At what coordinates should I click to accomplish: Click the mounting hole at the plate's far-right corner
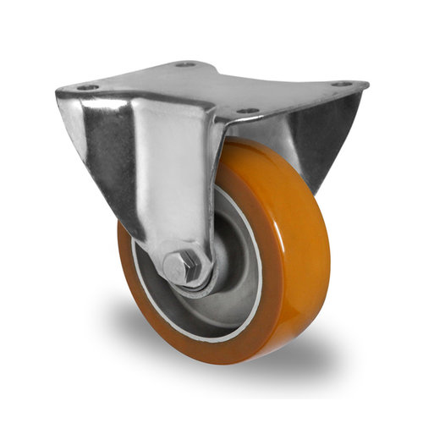click(x=341, y=84)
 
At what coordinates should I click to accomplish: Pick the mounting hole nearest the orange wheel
click(x=246, y=111)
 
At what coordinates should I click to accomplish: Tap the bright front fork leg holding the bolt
click(x=173, y=186)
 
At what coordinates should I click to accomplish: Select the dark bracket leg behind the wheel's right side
click(x=326, y=144)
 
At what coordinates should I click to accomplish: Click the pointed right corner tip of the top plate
click(x=366, y=85)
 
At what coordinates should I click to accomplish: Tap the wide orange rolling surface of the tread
click(x=296, y=254)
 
